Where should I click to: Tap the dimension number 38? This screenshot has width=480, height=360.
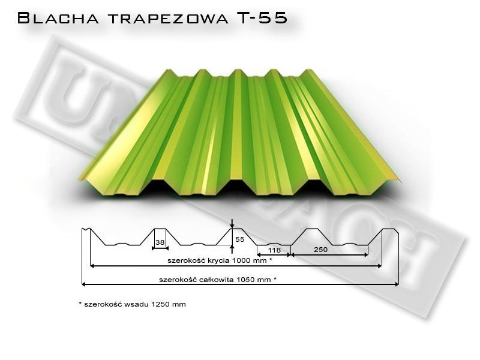tap(160, 243)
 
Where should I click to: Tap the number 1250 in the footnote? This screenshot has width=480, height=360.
tap(159, 304)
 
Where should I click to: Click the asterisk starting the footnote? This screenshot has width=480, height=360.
tap(80, 304)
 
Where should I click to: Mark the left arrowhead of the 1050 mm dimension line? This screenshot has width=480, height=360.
tap(84, 284)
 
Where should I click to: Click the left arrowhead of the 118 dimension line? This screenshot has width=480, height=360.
tap(259, 255)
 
